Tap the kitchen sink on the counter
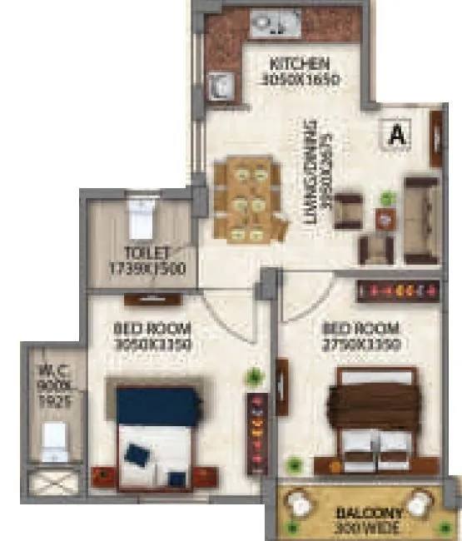click(271, 22)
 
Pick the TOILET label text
click(147, 251)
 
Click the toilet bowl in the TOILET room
click(141, 219)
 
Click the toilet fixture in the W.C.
click(54, 439)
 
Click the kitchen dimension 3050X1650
click(301, 81)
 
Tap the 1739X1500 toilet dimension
click(147, 268)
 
